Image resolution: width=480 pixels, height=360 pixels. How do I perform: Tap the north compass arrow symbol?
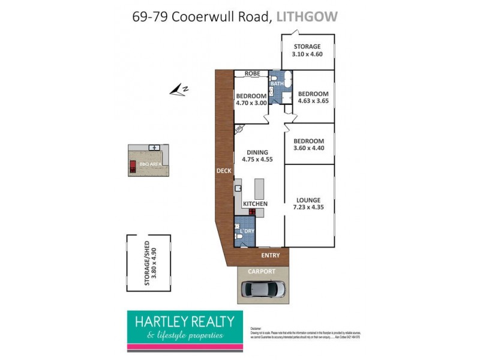[179, 90]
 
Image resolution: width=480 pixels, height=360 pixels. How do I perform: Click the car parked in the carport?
[263, 290]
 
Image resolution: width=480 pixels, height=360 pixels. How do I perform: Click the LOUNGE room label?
[308, 200]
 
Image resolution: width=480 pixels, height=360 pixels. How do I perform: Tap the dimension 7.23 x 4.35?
[308, 208]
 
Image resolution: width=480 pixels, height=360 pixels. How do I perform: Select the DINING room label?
[256, 152]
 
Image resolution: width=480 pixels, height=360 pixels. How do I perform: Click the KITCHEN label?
[255, 204]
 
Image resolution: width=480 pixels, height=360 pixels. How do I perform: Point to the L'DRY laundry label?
[247, 232]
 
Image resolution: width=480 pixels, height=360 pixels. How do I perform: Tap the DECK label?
[224, 170]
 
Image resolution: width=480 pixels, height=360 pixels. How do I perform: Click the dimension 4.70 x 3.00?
[251, 103]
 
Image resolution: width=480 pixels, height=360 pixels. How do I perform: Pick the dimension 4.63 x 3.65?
[313, 101]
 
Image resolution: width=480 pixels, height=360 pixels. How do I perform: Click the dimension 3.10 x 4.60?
[307, 55]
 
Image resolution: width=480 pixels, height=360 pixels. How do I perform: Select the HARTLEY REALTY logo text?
[184, 322]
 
